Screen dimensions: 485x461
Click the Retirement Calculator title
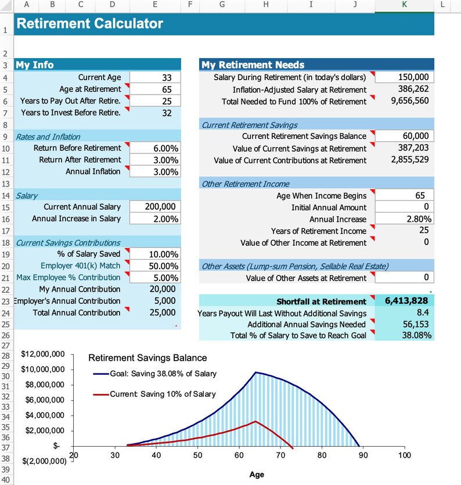coord(89,24)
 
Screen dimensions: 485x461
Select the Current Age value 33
coord(155,78)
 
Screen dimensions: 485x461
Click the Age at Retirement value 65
coord(155,89)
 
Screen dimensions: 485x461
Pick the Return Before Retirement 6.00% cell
coord(155,148)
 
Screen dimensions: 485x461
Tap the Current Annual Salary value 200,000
coord(155,207)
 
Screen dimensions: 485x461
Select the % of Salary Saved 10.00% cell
coord(155,254)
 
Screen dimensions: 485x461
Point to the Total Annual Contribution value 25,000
coord(155,312)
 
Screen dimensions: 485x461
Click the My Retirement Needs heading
coord(253,64)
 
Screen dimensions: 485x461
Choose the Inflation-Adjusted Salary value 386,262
coord(404,89)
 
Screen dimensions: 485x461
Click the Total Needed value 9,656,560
coord(404,101)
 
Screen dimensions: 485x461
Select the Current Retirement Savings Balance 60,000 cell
coord(404,136)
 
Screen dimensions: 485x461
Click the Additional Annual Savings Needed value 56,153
coord(404,324)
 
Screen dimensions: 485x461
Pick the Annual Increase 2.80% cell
coord(404,219)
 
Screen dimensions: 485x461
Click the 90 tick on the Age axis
coord(363,455)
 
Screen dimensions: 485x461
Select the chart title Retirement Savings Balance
coord(147,358)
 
